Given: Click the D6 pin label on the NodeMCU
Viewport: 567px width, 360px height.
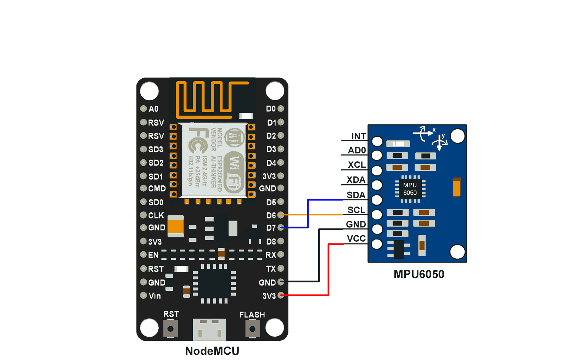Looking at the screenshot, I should [271, 215].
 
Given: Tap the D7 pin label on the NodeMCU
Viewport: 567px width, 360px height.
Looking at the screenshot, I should [271, 228].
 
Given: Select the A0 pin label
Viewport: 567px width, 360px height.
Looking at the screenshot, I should [153, 109].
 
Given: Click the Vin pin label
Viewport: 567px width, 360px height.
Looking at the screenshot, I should [155, 296].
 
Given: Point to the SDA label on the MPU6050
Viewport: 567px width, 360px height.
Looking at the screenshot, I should [356, 195].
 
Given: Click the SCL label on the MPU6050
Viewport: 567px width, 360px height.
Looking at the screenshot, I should [356, 210].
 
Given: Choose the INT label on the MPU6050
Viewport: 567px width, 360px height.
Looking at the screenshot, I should [358, 136].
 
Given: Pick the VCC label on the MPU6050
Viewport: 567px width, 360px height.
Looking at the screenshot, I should [356, 239].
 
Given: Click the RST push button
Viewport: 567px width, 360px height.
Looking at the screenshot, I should [170, 329].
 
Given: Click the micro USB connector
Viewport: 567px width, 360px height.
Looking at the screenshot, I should [209, 330].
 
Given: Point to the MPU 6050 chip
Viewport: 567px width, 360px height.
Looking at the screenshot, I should [410, 189].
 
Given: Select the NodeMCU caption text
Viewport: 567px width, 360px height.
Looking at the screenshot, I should [212, 351].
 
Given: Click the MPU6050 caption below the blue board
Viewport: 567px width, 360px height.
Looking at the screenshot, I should [419, 274].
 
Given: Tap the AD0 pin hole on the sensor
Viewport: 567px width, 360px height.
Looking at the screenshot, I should [377, 155].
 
